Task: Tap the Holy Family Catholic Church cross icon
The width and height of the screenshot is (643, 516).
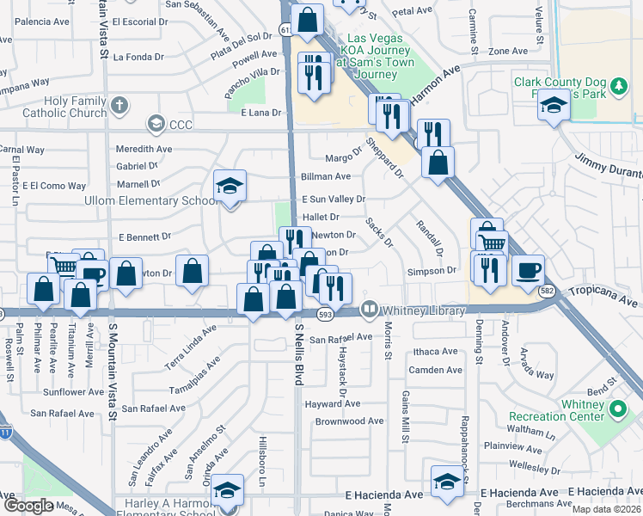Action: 119,105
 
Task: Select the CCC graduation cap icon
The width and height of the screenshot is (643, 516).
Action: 156,124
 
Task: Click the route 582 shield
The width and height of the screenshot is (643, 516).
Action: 547,292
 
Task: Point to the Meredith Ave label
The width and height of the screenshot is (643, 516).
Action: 144,149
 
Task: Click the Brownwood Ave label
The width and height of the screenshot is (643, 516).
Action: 349,421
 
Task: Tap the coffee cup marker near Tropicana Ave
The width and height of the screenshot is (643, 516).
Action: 528,270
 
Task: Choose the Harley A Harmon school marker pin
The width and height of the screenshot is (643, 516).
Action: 227,491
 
